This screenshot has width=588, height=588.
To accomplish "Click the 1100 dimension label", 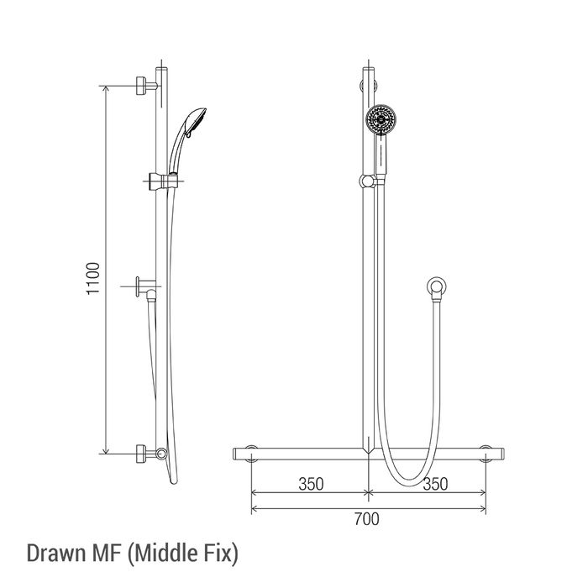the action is [93, 278].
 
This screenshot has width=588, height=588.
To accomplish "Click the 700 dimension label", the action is [367, 519].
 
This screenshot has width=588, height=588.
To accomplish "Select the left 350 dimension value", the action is [311, 484].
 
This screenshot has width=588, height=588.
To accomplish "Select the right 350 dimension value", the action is [435, 484].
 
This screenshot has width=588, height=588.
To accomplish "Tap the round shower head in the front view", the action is [381, 119].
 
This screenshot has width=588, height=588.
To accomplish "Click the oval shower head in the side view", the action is [196, 122].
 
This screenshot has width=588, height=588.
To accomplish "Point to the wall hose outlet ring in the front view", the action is [437, 287].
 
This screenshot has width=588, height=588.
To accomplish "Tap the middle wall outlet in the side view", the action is [146, 287].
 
